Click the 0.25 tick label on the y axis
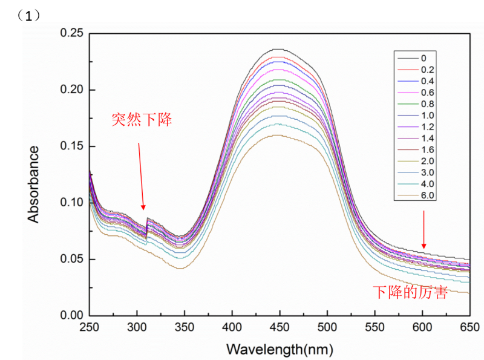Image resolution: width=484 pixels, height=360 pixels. tap(71, 33)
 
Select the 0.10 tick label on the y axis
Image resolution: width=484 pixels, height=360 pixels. tap(71, 202)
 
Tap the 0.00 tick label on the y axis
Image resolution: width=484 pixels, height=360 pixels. tap(71, 315)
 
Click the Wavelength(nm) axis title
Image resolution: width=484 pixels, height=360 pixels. tap(280, 349)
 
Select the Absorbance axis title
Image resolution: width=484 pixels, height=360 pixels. tap(34, 183)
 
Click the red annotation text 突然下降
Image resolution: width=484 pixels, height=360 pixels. tap(142, 120)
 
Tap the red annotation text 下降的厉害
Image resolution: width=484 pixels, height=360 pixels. tap(410, 293)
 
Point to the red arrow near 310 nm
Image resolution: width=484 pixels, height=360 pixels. tap(141, 175)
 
